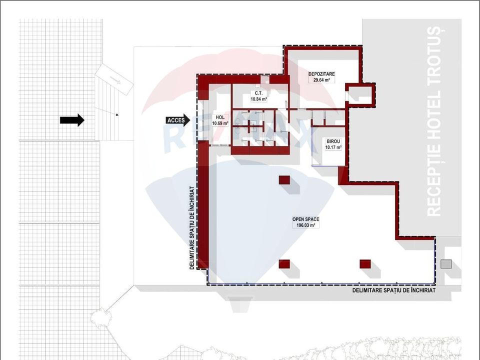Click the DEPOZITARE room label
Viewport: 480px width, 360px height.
coord(321,74)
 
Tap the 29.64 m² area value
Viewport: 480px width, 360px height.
coord(321,80)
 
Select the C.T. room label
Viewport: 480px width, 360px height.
coord(258,93)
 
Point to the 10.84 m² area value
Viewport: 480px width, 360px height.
coord(258,99)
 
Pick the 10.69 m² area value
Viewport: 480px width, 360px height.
coord(220,123)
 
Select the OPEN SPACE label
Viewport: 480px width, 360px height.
coord(306,219)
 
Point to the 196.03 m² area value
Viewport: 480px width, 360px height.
coord(306,225)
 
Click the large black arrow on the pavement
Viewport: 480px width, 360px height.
coord(72,120)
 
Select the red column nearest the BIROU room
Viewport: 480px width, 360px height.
coord(284,180)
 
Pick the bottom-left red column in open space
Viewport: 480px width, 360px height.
coord(284,264)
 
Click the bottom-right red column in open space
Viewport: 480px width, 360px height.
coord(365,263)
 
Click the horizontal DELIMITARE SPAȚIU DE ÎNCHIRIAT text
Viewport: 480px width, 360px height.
coord(393,290)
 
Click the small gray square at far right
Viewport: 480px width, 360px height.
coord(446,263)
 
